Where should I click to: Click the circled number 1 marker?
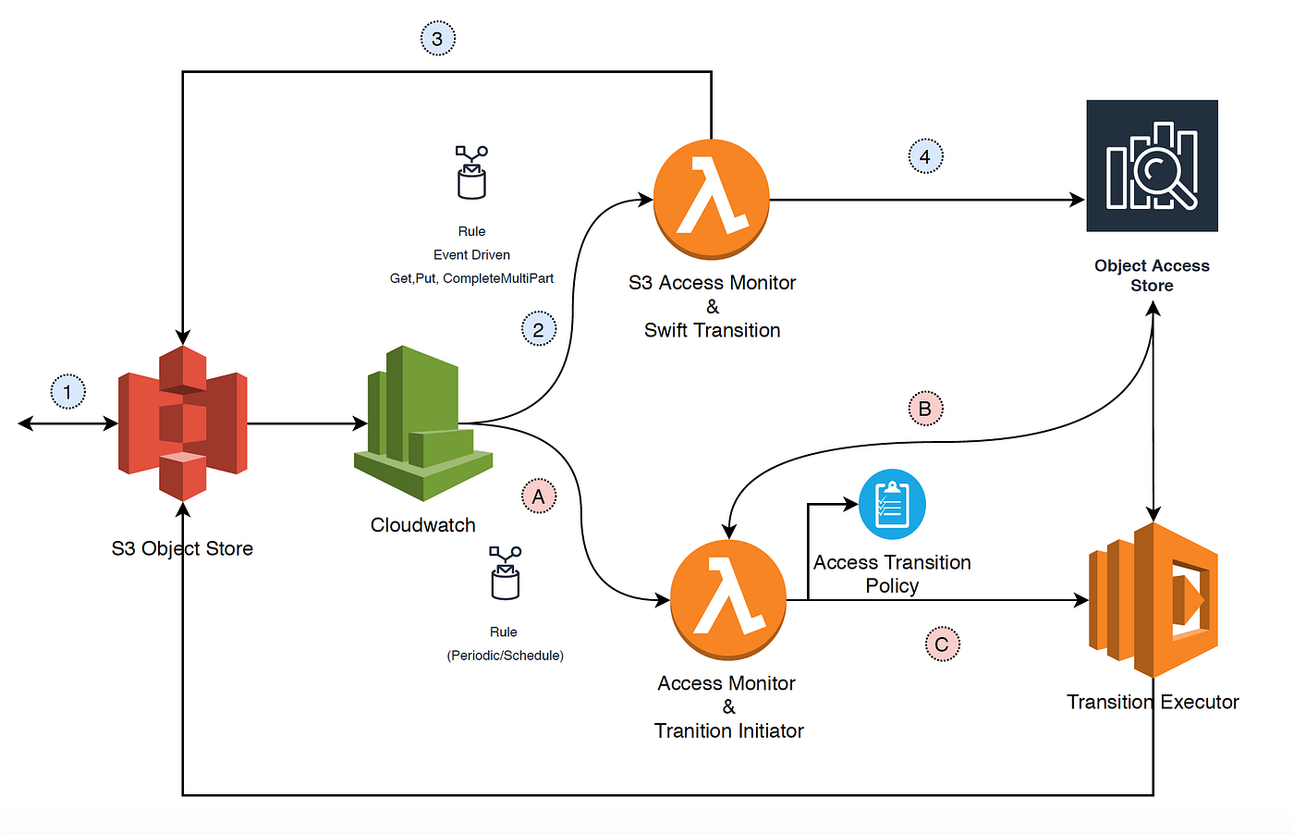67,392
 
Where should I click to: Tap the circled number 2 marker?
539,329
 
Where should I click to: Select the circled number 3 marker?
437,39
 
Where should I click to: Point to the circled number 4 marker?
925,156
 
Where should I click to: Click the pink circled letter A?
539,497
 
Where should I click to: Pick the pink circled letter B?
925,409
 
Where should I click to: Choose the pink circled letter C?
942,644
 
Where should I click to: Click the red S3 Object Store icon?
183,423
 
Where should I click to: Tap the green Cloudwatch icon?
423,423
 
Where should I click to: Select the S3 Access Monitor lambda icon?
712,199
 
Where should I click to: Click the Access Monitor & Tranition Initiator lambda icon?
728,599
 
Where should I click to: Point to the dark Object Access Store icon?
1152,166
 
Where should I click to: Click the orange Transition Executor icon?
1153,600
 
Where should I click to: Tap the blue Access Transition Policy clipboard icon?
892,505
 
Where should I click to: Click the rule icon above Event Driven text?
471,172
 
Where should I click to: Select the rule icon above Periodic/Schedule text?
505,572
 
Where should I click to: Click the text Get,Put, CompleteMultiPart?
471,278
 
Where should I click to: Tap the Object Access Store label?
1152,276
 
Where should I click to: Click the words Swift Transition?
712,330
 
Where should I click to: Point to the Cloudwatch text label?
423,525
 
